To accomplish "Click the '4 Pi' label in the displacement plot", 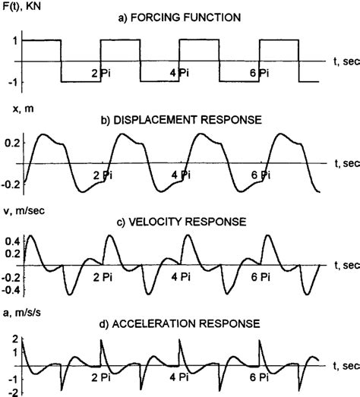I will pos(181,174).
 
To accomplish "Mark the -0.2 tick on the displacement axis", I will pos(10,184).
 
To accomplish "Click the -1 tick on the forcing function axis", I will pos(14,82).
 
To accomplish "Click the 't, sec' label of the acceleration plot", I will pos(346,364).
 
